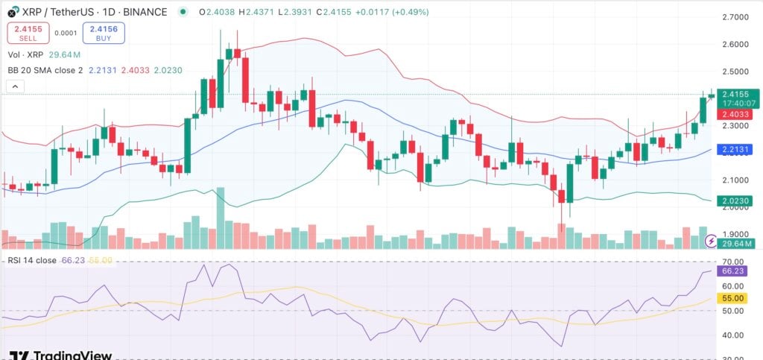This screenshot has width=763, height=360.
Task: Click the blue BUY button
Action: pos(104,33)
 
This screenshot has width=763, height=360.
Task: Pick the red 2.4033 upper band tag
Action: pos(738,114)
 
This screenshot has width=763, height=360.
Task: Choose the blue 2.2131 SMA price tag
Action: pos(738,150)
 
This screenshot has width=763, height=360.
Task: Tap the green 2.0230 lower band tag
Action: pos(738,200)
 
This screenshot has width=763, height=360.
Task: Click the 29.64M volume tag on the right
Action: pos(739,242)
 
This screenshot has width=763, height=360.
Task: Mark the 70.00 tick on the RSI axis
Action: pos(735,262)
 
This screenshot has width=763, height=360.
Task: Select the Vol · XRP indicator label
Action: pos(25,54)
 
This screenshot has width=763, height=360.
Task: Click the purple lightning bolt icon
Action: pos(712,241)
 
